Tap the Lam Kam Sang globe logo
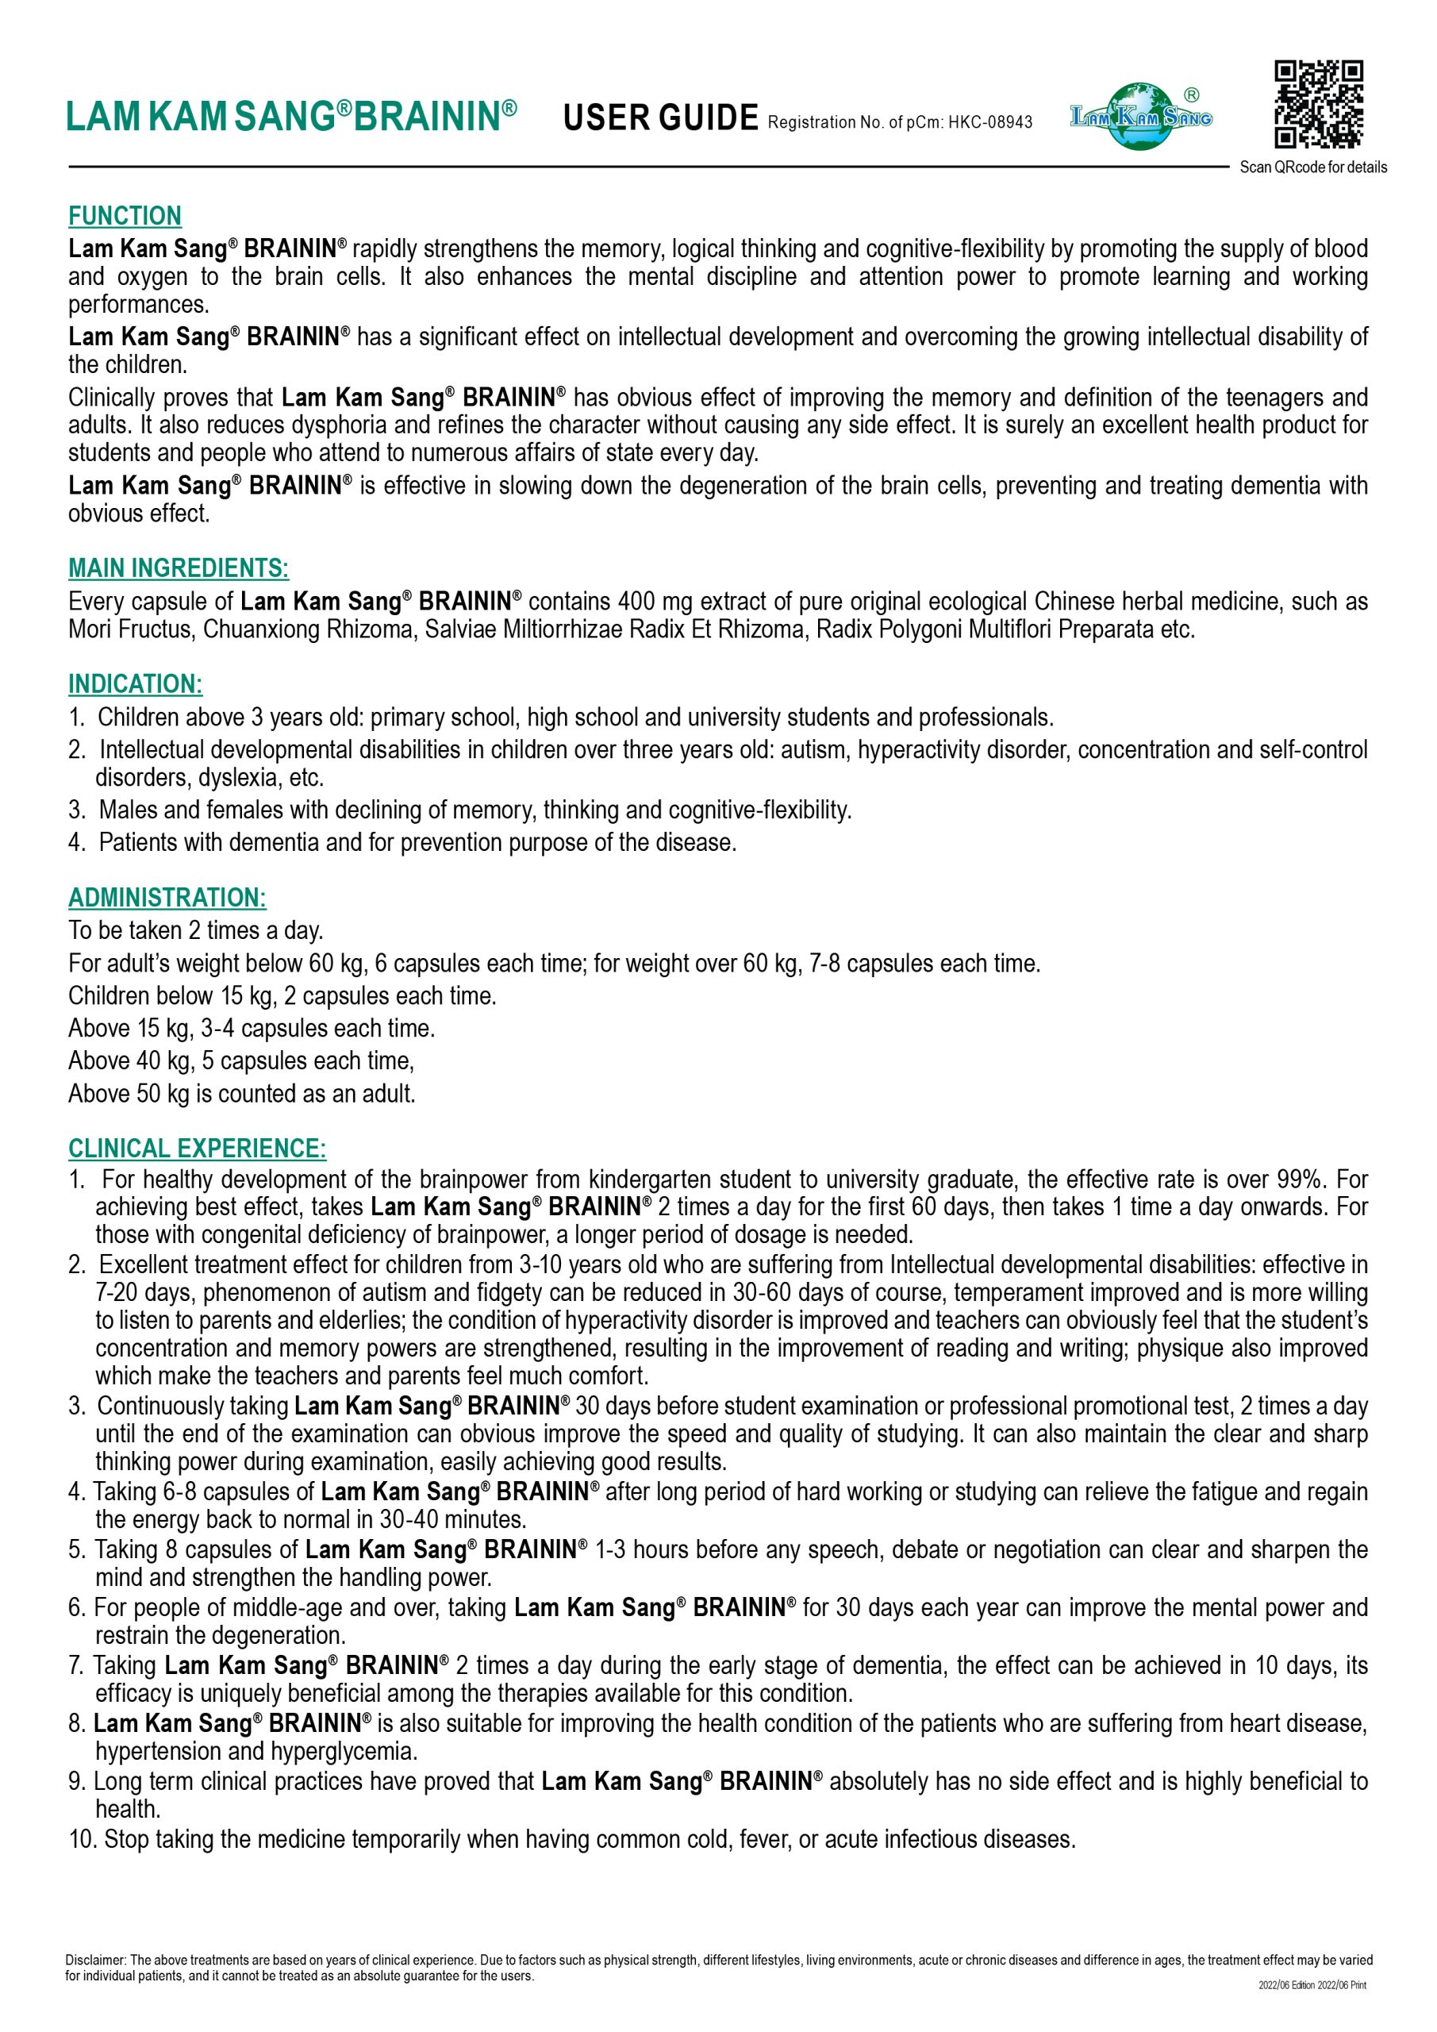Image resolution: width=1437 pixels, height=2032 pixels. point(1142,116)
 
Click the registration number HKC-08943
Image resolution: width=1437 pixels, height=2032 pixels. point(990,122)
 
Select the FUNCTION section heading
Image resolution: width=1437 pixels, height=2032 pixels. point(125,216)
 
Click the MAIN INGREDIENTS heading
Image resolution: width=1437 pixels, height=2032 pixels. point(178,568)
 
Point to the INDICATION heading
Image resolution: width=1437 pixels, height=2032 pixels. point(136,684)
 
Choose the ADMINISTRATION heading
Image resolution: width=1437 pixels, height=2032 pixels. point(167,898)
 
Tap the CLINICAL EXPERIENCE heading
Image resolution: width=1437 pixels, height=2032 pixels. point(198,1148)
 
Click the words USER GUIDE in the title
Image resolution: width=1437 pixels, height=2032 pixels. point(660,117)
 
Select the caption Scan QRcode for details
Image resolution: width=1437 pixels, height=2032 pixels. point(1312,167)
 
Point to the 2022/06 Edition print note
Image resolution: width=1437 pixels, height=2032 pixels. point(1312,1985)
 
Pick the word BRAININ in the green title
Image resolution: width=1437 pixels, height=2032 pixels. point(428,117)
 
